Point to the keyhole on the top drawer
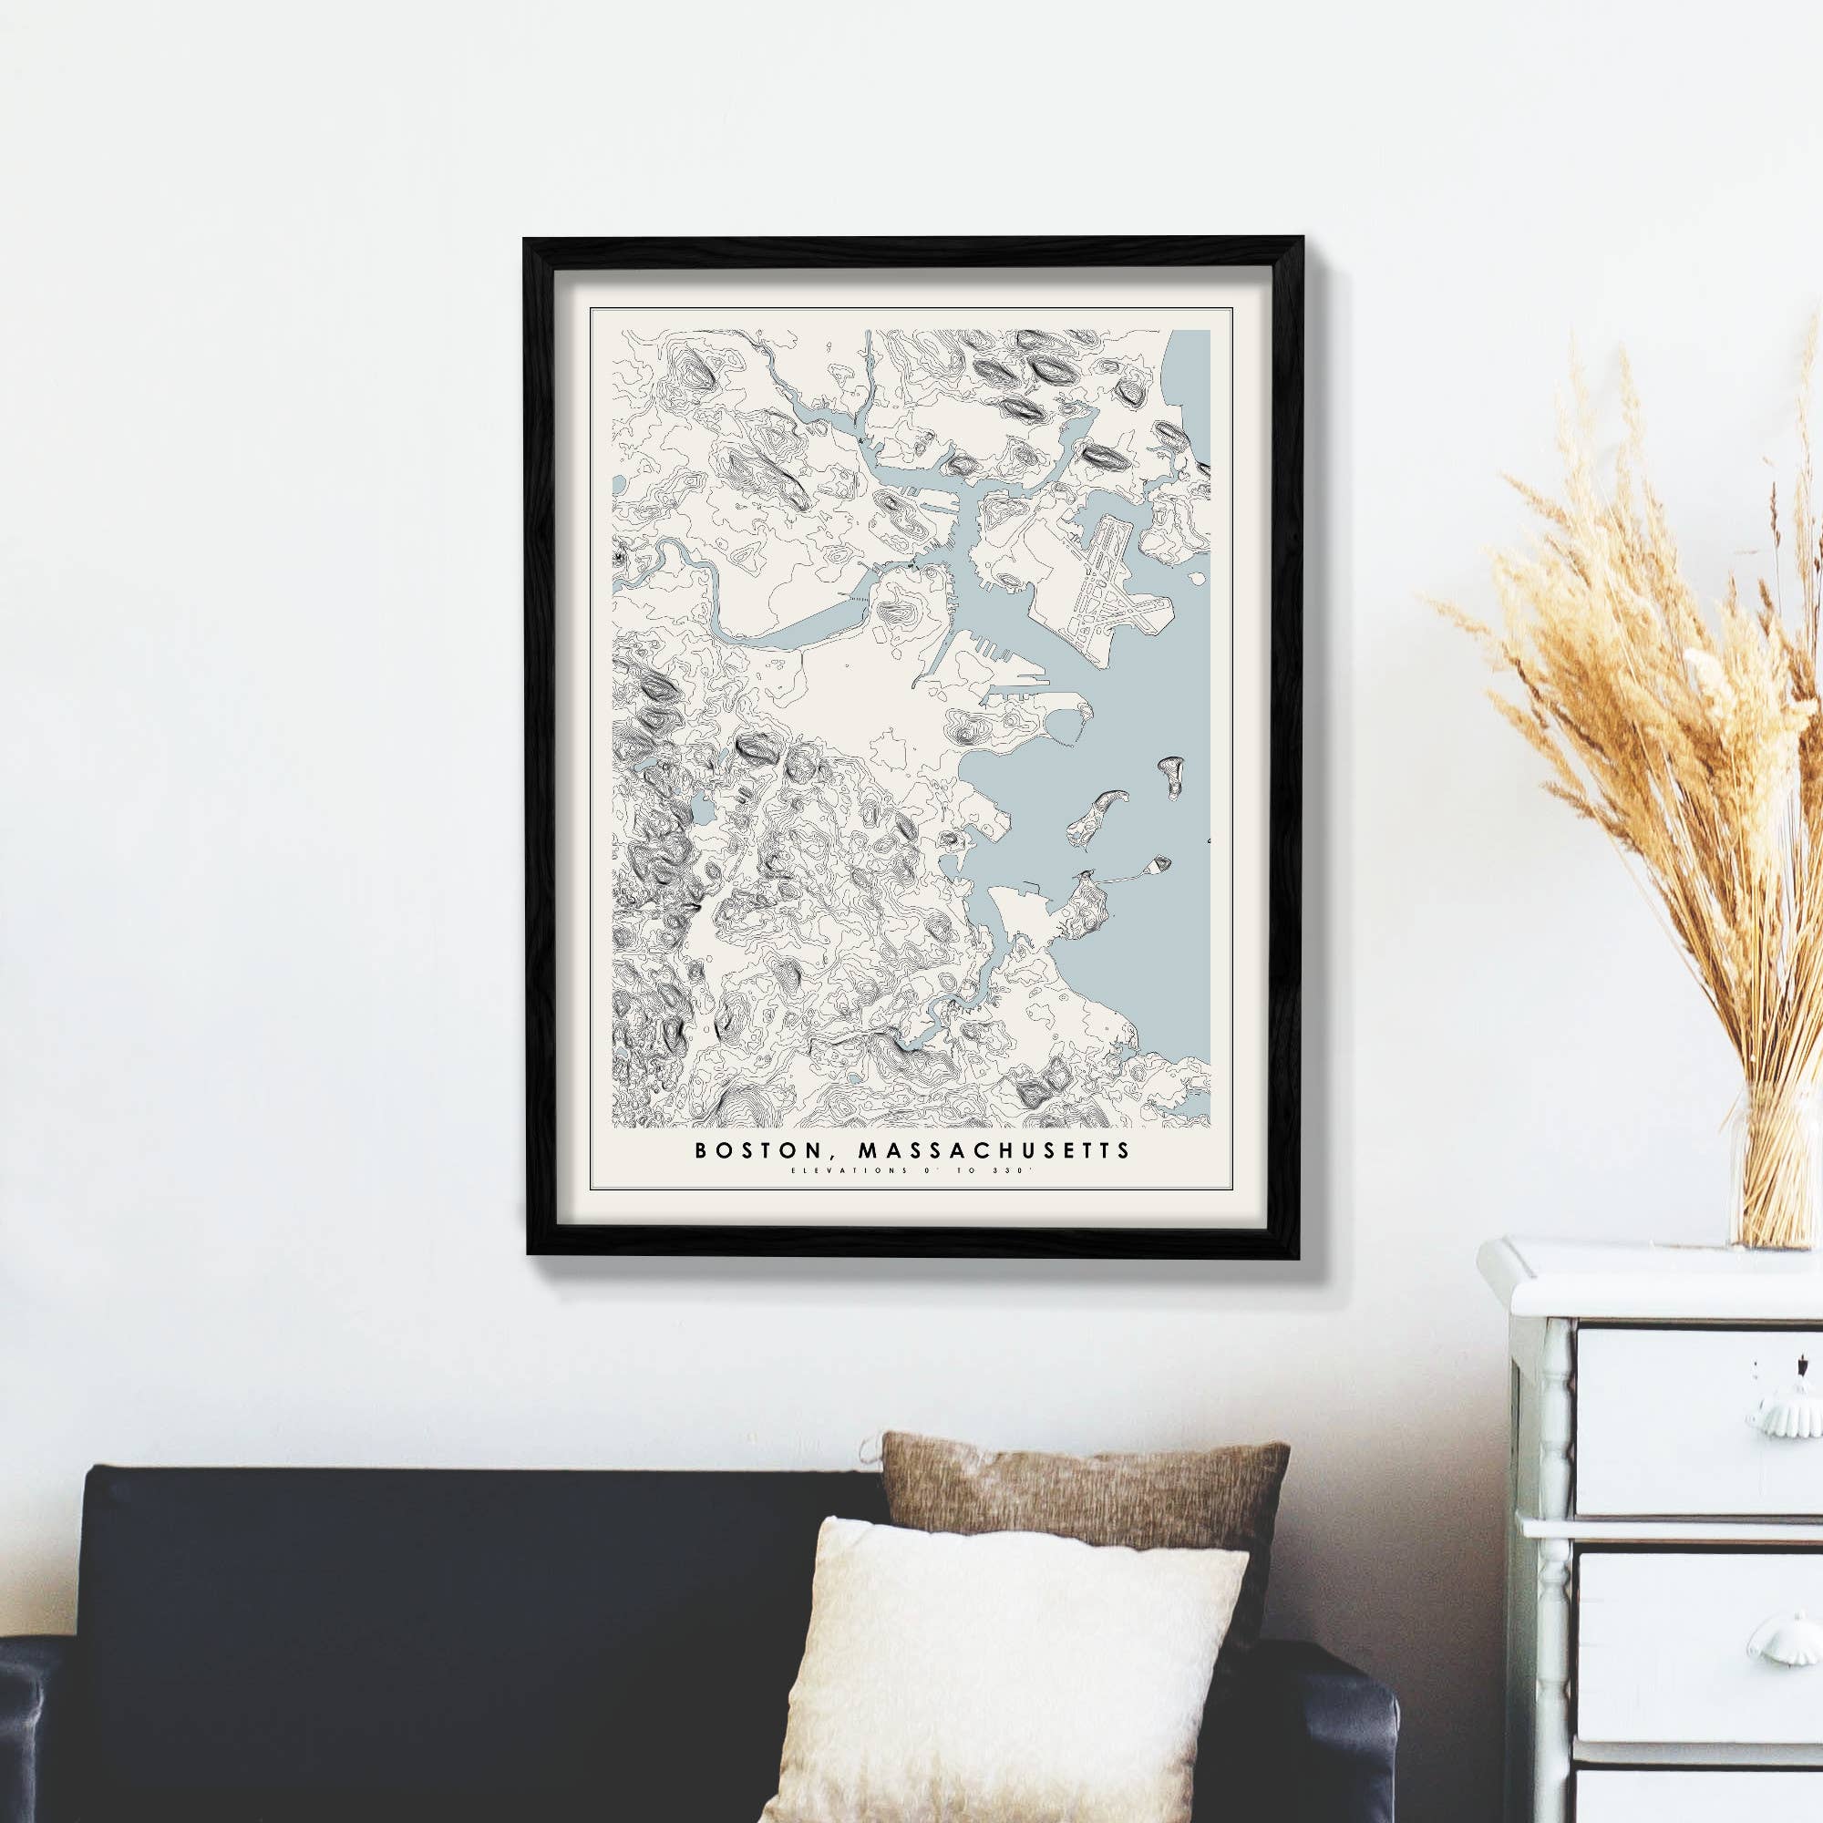1757,1365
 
